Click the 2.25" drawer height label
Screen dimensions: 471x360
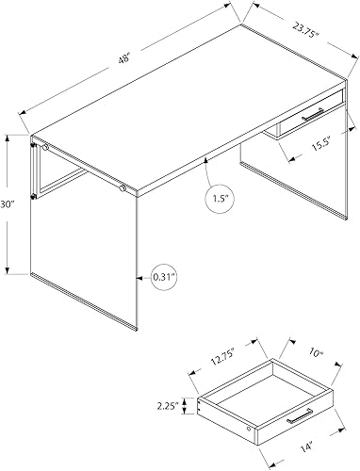pos(174,406)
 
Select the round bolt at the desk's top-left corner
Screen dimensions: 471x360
pos(43,148)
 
